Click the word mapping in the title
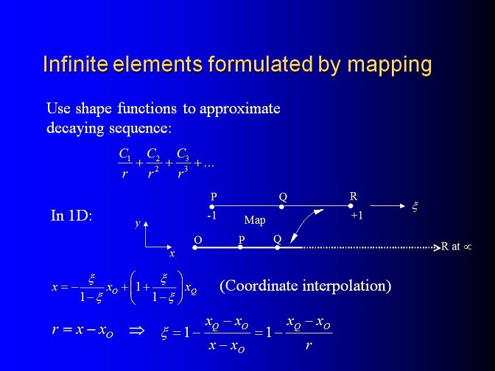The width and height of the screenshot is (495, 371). click(390, 66)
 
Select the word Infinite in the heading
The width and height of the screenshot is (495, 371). click(75, 63)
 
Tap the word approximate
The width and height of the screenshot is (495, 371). click(240, 109)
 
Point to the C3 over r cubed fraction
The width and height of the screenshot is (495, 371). click(183, 163)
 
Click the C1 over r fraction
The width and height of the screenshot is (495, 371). click(125, 163)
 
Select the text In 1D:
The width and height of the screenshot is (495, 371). click(71, 216)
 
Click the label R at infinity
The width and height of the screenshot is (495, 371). click(457, 246)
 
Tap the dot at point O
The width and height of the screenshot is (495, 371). click(194, 247)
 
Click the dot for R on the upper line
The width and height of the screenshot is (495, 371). click(351, 206)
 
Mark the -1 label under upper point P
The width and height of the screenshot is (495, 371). click(212, 216)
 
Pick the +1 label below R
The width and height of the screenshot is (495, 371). click(357, 216)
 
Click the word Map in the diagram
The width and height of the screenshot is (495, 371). click(255, 220)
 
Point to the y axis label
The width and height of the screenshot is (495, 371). click(138, 223)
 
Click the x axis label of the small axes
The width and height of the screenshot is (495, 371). click(172, 254)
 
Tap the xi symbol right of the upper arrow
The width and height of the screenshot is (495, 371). click(415, 207)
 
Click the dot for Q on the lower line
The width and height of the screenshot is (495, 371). click(277, 247)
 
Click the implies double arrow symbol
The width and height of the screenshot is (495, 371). click(137, 331)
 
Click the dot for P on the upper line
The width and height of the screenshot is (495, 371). click(212, 207)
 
